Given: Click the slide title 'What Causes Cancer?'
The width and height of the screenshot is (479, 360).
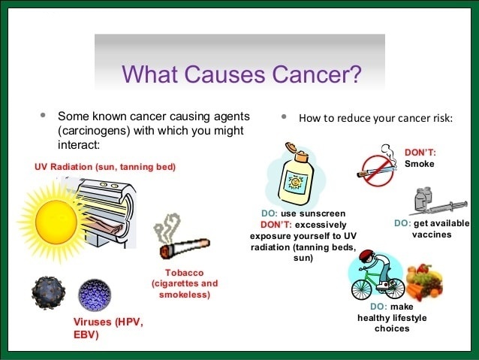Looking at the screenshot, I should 241,74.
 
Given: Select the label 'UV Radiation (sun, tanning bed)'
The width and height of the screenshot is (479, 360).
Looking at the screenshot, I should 104,166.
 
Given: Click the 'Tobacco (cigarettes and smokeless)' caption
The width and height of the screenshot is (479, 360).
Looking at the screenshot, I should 185,283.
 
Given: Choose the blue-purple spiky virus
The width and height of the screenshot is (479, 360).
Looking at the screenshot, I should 95,295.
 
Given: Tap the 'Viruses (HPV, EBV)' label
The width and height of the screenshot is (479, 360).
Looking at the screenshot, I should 107,328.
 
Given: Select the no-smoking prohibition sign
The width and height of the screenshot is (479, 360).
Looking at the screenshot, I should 375,169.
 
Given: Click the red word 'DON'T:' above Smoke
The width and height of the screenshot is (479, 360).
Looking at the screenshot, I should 420,152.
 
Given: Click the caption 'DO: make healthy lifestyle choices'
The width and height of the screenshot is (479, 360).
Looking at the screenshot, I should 391,317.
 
